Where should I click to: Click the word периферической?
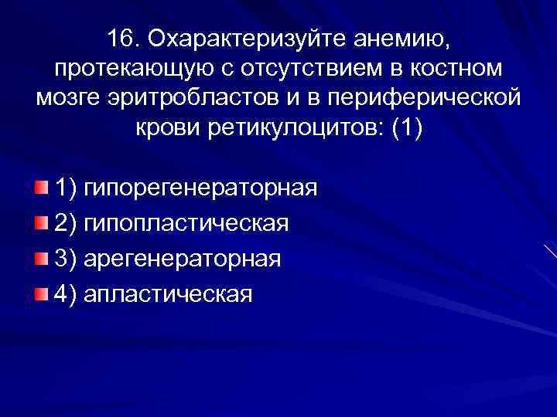click(x=420, y=100)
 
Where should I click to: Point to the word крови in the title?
click(x=167, y=130)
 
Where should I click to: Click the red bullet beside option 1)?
click(x=40, y=188)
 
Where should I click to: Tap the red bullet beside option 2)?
click(x=40, y=223)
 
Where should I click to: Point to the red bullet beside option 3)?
click(x=40, y=258)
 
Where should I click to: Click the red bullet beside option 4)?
click(x=40, y=293)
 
